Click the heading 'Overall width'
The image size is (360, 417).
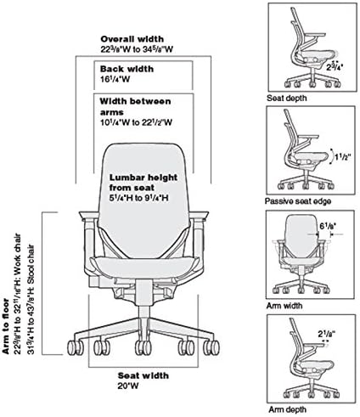point(132,39)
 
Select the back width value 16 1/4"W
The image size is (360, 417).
point(115,79)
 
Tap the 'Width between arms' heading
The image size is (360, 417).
point(135,106)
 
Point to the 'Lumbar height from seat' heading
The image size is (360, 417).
point(143,183)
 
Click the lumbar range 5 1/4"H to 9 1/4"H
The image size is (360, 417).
point(138,198)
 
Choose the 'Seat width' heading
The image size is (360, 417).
point(143,375)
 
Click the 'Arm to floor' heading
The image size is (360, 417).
point(6,326)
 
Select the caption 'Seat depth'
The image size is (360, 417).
point(287,99)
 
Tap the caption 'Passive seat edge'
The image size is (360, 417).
point(298,201)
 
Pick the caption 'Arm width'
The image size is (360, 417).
point(284,306)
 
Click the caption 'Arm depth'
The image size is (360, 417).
point(287,409)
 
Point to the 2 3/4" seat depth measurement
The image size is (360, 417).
point(335,67)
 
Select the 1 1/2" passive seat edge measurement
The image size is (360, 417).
point(343,156)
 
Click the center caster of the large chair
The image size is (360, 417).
point(143,347)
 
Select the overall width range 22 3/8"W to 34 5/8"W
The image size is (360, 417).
point(137,49)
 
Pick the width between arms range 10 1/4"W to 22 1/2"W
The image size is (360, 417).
point(136,122)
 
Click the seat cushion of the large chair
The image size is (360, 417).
point(143,266)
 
